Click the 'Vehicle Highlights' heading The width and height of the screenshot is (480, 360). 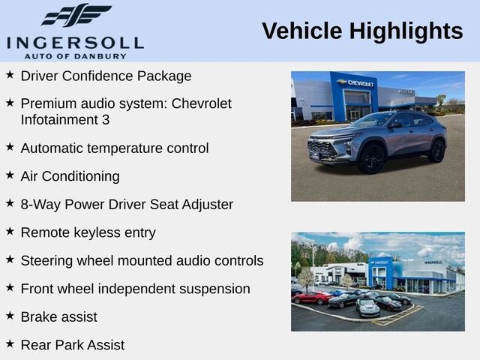coord(362,31)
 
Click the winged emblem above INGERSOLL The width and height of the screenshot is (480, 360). coord(76,15)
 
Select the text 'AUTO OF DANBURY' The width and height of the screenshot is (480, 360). coord(75,55)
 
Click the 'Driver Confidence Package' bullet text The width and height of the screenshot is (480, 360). coord(106,76)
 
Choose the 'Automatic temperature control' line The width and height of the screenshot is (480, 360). coord(115,148)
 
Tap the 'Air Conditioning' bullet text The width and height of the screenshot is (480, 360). coord(70,176)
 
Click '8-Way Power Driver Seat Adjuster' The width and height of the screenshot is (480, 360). coord(127,204)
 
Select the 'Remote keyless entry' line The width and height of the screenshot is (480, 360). coord(88,232)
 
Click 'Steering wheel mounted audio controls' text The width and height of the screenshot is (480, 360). coord(142,261)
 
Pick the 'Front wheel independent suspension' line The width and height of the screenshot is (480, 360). coord(135,289)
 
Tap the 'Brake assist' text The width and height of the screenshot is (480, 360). coord(58,317)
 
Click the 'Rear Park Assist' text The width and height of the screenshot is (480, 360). coord(72,345)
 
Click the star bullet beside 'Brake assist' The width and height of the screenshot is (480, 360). coord(10,316)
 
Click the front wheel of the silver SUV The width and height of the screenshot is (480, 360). coord(371,158)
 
